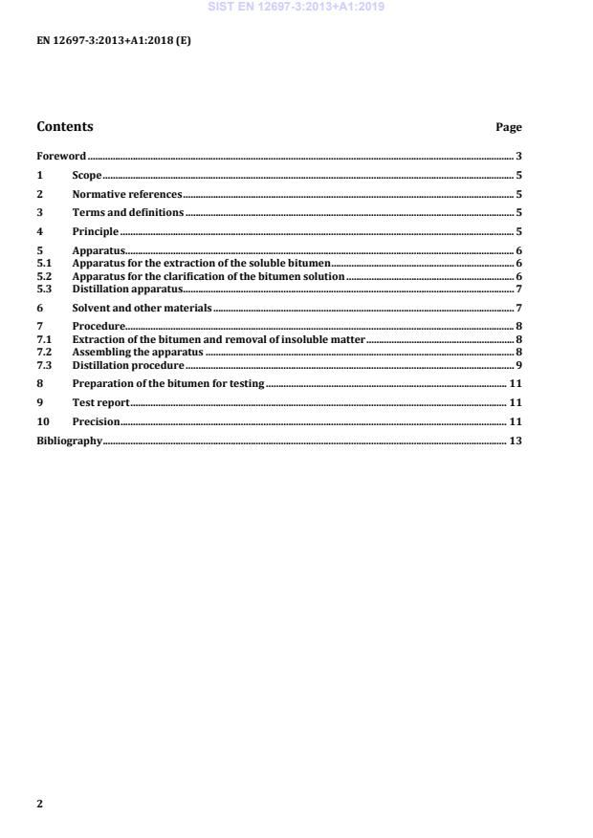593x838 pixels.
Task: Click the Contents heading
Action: coord(65,127)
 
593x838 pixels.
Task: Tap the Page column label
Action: coord(509,127)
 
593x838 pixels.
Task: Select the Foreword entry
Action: coord(61,156)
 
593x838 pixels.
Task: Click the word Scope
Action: coord(87,176)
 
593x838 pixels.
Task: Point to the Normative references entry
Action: coord(127,194)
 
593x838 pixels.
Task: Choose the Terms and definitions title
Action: coord(128,212)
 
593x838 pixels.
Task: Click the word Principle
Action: coord(96,231)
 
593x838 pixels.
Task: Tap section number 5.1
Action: coord(44,262)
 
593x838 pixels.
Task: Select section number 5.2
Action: coord(44,275)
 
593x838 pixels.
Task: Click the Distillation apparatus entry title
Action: coord(127,289)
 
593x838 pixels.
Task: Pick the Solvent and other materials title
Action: coord(142,309)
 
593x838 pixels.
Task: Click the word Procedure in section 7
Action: coord(99,327)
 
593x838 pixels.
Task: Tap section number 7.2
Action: coord(44,353)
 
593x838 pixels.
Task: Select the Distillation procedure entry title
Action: coord(128,366)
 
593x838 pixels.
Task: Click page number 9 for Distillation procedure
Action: coord(517,366)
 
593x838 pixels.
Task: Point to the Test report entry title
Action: coord(100,402)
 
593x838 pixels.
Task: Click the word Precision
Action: coord(97,421)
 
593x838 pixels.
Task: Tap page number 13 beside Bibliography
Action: coord(515,440)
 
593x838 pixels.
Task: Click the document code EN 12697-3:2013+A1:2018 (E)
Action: coord(114,41)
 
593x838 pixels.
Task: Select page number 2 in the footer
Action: coord(40,804)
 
